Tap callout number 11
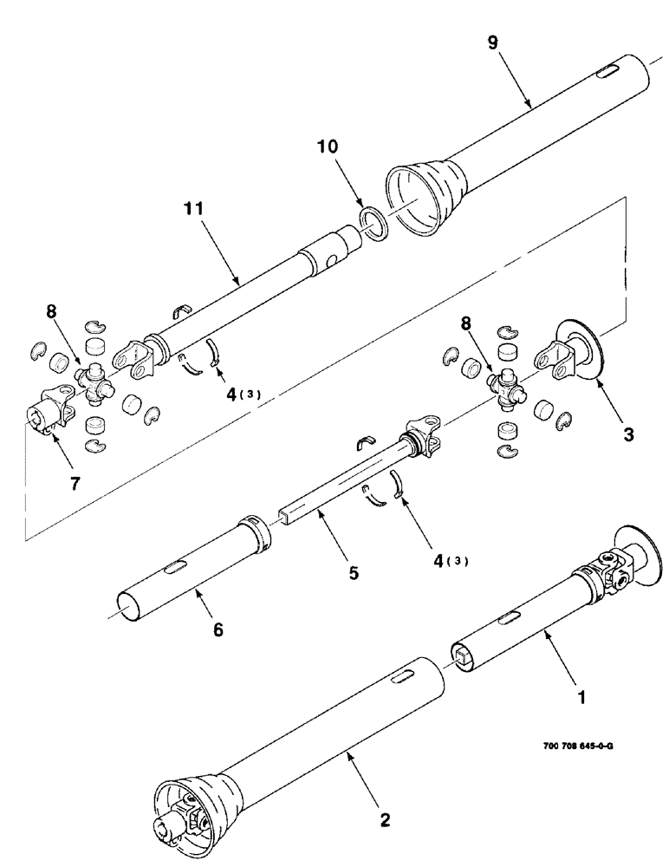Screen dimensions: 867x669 [x=194, y=209]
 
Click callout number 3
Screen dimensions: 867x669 [x=628, y=434]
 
